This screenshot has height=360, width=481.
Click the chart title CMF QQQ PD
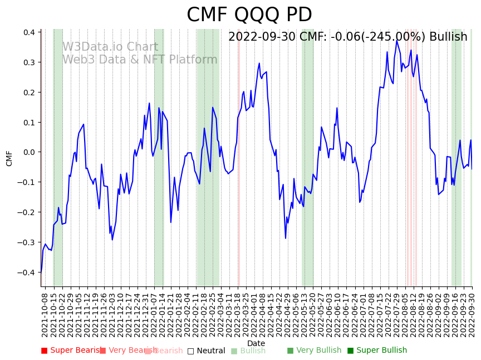click(249, 15)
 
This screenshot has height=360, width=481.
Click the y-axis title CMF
click(9, 158)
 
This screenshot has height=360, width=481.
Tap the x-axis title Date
click(256, 343)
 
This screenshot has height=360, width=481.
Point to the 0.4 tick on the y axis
click(28, 32)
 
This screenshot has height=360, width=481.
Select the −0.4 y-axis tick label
click(26, 273)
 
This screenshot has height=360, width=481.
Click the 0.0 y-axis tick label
click(28, 152)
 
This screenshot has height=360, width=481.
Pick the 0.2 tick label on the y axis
click(28, 93)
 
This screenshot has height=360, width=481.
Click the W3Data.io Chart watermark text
click(110, 47)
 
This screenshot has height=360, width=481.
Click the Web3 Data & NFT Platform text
click(140, 60)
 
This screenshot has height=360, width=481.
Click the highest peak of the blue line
click(397, 40)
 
